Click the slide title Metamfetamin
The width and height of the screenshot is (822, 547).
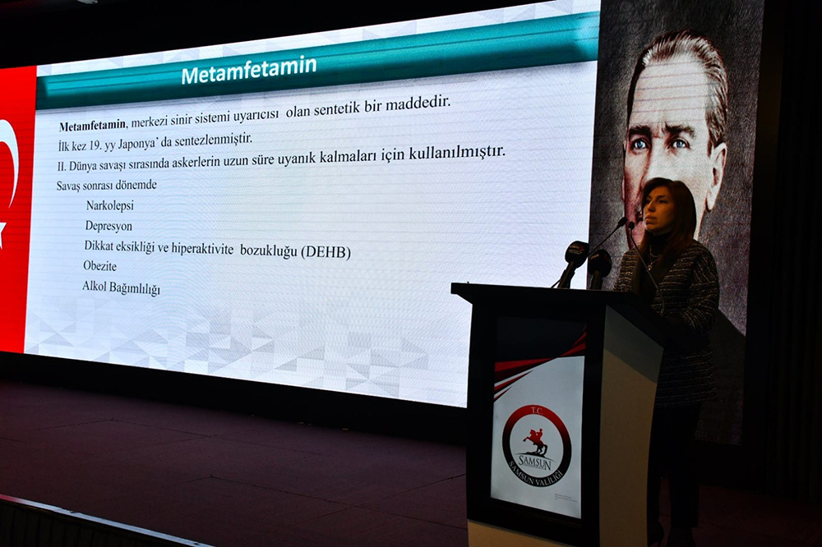click(x=249, y=70)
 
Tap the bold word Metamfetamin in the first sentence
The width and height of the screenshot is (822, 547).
click(x=92, y=126)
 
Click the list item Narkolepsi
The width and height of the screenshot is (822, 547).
click(x=110, y=205)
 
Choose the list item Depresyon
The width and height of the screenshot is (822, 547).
click(x=109, y=227)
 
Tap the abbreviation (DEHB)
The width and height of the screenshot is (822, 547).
click(x=326, y=252)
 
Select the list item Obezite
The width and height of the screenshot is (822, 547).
click(x=99, y=265)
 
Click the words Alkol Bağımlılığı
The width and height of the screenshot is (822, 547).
click(x=121, y=287)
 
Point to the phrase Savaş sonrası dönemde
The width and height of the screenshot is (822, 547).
click(x=106, y=186)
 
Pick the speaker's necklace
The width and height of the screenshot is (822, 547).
click(x=653, y=258)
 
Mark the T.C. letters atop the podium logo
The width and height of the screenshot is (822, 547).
click(x=538, y=411)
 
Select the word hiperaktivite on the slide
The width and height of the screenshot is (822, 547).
click(x=202, y=248)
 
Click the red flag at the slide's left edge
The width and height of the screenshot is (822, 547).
click(x=13, y=209)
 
